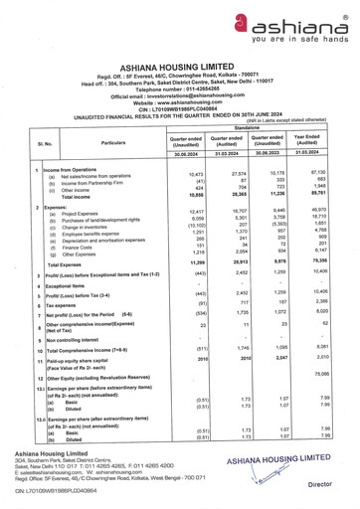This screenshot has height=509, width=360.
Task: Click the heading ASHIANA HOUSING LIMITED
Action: click(179, 58)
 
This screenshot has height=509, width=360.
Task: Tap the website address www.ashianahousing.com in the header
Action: click(179, 102)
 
